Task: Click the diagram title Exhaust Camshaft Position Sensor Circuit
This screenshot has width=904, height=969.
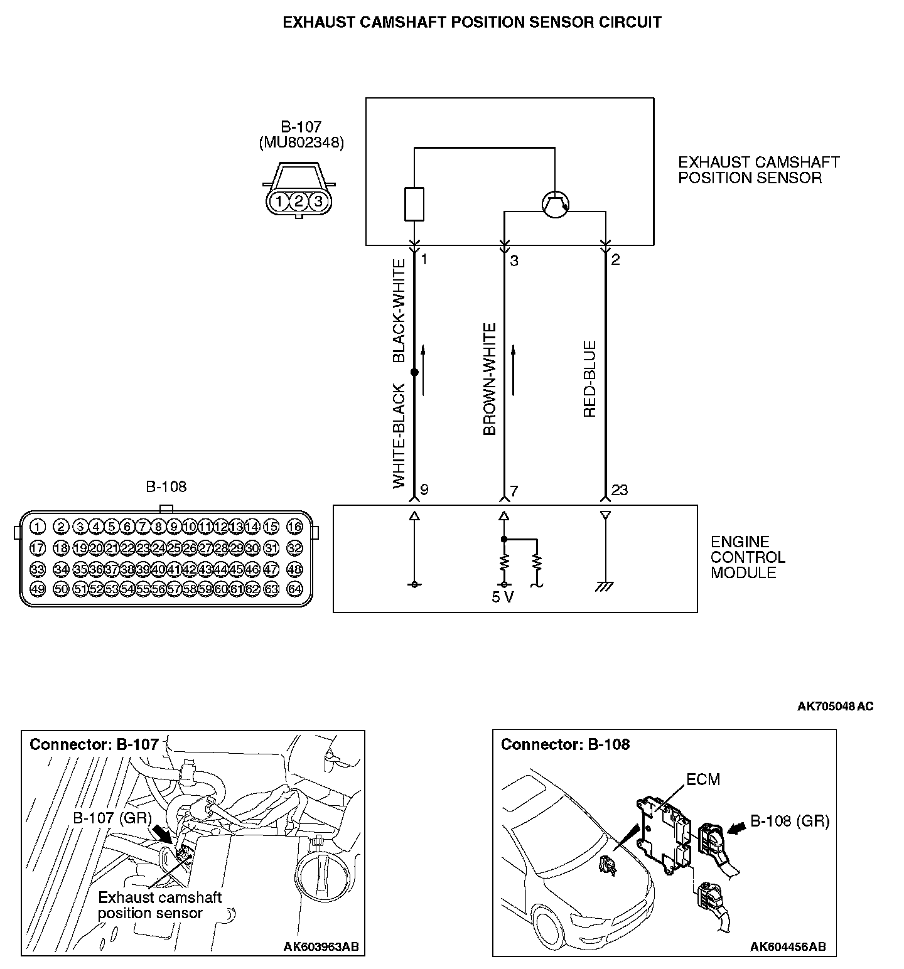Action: click(x=472, y=23)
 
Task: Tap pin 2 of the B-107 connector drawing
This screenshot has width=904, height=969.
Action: click(x=299, y=201)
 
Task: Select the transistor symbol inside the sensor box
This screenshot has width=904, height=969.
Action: click(x=555, y=203)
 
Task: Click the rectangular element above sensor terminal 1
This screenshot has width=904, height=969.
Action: click(x=414, y=204)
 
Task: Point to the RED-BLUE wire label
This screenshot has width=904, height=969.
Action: click(x=589, y=379)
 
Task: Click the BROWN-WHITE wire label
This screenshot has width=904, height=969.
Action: click(x=490, y=379)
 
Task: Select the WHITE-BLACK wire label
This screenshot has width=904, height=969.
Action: click(x=399, y=436)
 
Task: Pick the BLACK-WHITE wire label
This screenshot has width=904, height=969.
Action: click(x=399, y=311)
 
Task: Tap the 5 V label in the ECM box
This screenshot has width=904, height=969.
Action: click(x=502, y=597)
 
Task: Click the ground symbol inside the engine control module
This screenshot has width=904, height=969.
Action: click(x=605, y=587)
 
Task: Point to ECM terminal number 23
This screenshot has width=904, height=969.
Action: click(x=620, y=490)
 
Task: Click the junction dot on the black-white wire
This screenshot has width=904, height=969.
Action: click(x=414, y=372)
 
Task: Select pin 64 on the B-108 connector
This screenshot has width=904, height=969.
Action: click(x=294, y=589)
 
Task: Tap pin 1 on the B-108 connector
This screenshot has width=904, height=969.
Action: click(x=38, y=527)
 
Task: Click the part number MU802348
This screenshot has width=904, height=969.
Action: click(x=301, y=142)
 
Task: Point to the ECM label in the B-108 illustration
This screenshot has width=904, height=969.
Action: click(x=702, y=779)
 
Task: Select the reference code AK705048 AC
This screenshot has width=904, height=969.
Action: click(x=835, y=706)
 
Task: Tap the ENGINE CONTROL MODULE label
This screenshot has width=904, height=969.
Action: click(x=748, y=557)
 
